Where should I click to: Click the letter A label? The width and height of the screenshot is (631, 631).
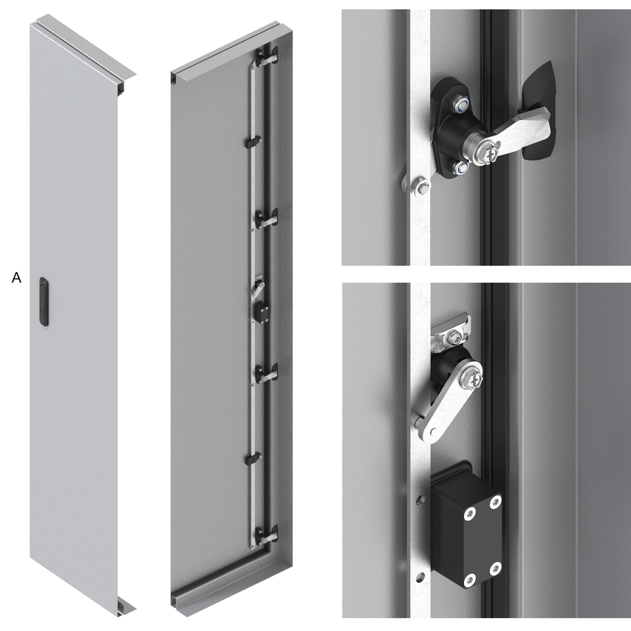[17, 278]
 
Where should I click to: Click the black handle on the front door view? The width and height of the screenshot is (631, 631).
[44, 301]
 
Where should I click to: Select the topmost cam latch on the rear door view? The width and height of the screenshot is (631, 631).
[266, 58]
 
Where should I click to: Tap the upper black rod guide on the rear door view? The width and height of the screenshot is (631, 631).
[253, 142]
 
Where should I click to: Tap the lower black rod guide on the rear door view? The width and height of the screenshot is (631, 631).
[253, 458]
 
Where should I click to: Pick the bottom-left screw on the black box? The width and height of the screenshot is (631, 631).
[470, 579]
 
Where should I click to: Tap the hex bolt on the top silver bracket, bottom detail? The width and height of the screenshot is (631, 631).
[454, 337]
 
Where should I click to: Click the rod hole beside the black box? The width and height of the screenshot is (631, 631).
[421, 499]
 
